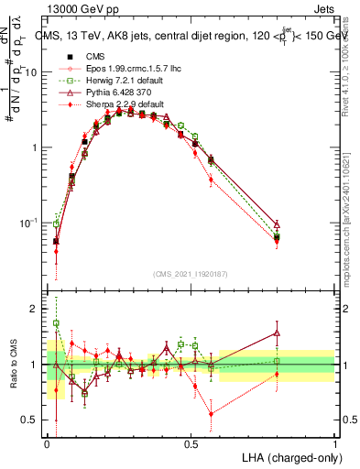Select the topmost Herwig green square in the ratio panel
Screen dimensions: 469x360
[x=56, y=323]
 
